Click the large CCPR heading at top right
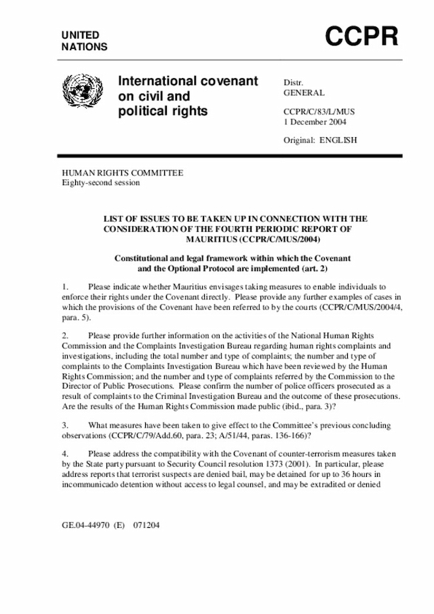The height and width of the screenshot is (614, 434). [361, 37]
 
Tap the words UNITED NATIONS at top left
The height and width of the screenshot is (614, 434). [85, 41]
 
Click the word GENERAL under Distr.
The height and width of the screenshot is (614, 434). [304, 93]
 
